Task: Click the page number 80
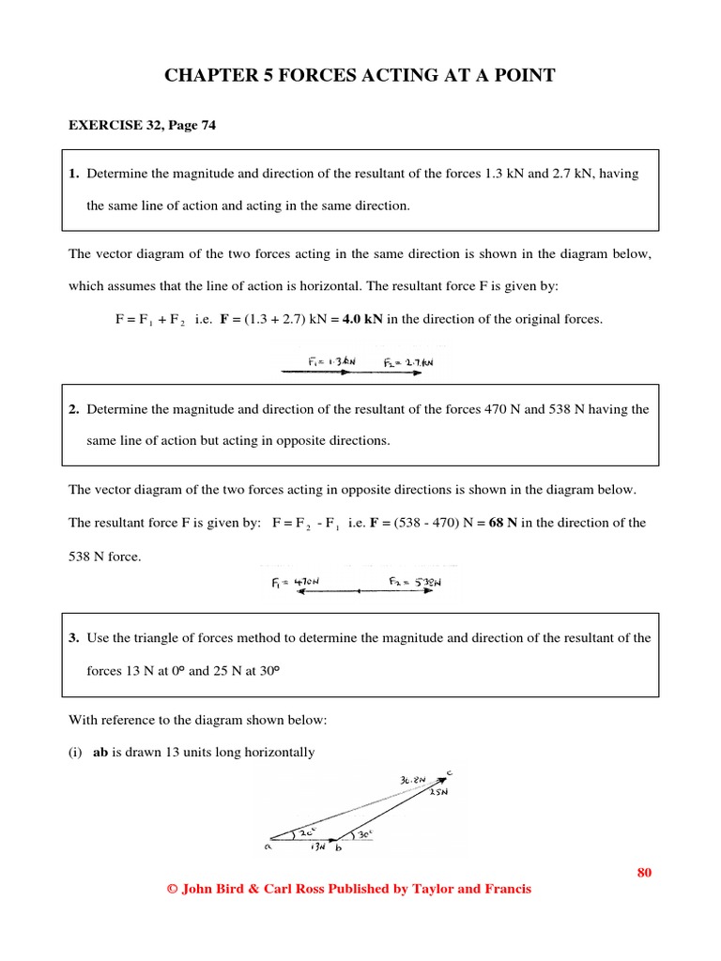pos(644,872)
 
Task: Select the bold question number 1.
pos(73,174)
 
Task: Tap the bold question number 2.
pos(73,409)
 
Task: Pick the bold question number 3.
pos(73,637)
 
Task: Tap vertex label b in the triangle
pos(338,847)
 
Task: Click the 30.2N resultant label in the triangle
pos(412,779)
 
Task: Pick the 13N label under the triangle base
pos(318,847)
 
